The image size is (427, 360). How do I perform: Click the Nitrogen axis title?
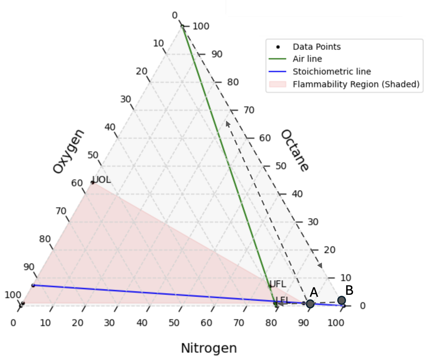coord(209,348)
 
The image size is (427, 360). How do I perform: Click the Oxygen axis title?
coord(68,151)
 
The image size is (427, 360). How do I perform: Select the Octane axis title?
coord(294,150)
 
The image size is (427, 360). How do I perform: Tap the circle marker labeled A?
coord(310,304)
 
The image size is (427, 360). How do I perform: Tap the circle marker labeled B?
coord(341,300)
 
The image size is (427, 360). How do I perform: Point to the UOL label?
coord(101,180)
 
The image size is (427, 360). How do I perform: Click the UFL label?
coord(278,284)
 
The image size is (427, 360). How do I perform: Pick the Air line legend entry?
coord(307,59)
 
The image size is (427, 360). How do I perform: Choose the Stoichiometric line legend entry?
coord(332,71)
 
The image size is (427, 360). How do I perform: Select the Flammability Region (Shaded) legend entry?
coord(356,84)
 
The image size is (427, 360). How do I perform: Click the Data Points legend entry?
coord(317,47)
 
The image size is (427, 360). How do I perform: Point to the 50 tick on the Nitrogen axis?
coord(174,323)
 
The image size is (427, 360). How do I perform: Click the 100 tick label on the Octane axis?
coord(201,26)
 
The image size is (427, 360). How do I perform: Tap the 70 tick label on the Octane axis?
coord(249,110)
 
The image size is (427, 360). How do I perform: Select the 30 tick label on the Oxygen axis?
coord(126,99)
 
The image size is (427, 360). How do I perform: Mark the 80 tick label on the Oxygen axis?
coord(45,239)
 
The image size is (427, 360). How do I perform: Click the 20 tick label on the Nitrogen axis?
coord(77,323)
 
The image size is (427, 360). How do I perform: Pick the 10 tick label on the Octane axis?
coord(346,278)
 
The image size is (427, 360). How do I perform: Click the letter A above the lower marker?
coord(314,293)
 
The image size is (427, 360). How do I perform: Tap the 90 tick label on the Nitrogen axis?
coord(303,323)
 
